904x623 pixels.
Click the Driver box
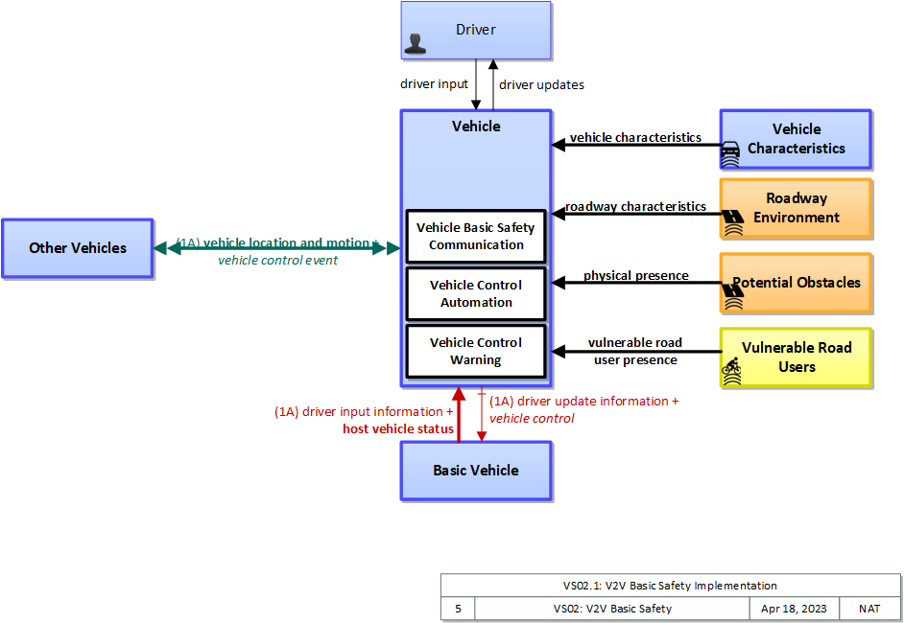click(x=476, y=30)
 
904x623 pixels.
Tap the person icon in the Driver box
click(x=416, y=44)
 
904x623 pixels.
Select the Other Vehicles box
click(x=78, y=248)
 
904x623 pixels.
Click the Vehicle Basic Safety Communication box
click(x=476, y=236)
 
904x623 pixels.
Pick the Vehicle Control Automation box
click(x=476, y=293)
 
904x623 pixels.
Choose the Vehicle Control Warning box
click(x=476, y=351)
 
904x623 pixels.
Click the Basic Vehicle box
click(x=476, y=471)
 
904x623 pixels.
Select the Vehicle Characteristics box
click(x=796, y=139)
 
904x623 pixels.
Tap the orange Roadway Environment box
click(x=796, y=208)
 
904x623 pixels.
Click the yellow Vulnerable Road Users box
click(x=796, y=358)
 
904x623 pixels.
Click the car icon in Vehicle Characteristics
click(x=730, y=153)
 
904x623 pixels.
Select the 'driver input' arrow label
click(x=434, y=84)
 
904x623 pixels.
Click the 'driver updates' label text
click(x=541, y=85)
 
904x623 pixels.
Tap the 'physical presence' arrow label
click(x=636, y=276)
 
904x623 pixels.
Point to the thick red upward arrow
click(x=459, y=415)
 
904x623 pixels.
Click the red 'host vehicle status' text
click(x=398, y=429)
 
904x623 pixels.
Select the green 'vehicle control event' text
click(x=278, y=261)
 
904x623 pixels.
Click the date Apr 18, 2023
click(x=794, y=609)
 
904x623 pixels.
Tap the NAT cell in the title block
click(x=869, y=609)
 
